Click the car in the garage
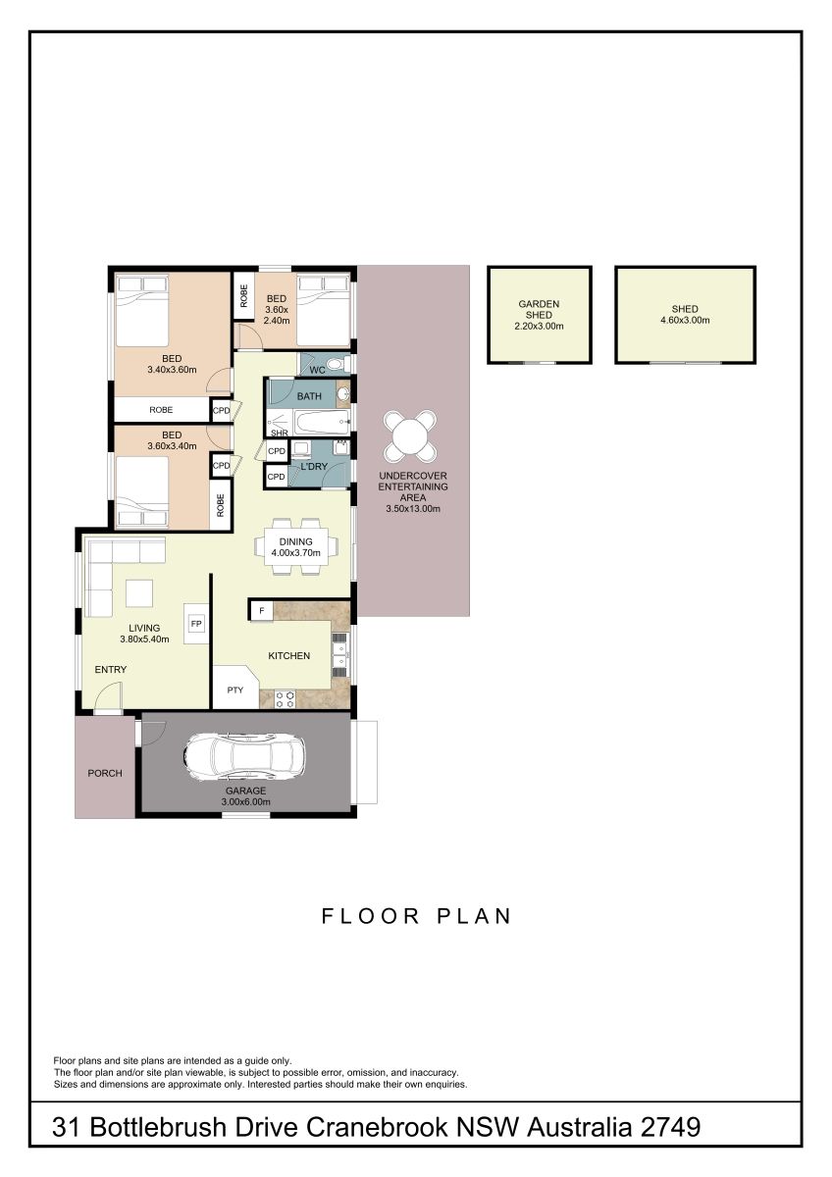point(244,755)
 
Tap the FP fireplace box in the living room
point(196,624)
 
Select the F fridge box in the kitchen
point(262,610)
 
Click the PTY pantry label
point(234,690)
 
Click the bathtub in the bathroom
point(321,423)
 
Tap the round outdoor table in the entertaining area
point(410,435)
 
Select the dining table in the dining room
point(296,546)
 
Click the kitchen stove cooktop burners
point(285,700)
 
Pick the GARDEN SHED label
point(539,310)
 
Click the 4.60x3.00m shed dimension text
point(685,320)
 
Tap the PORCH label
point(105,773)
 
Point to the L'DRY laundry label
point(314,466)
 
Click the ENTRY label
point(110,669)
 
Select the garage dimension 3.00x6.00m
point(245,802)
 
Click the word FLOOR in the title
point(370,916)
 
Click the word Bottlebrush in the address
point(158,1127)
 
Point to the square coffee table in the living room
point(139,593)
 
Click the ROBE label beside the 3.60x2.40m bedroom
point(243,296)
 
